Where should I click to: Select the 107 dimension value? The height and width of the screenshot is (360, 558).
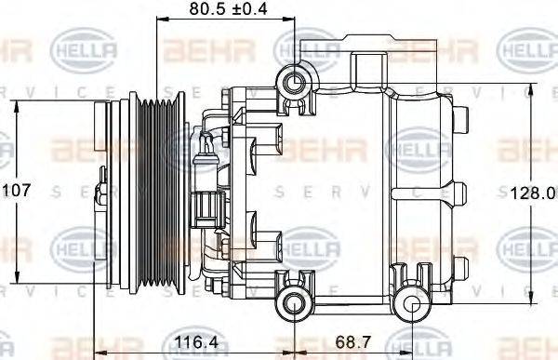pyautogui.click(x=16, y=190)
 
